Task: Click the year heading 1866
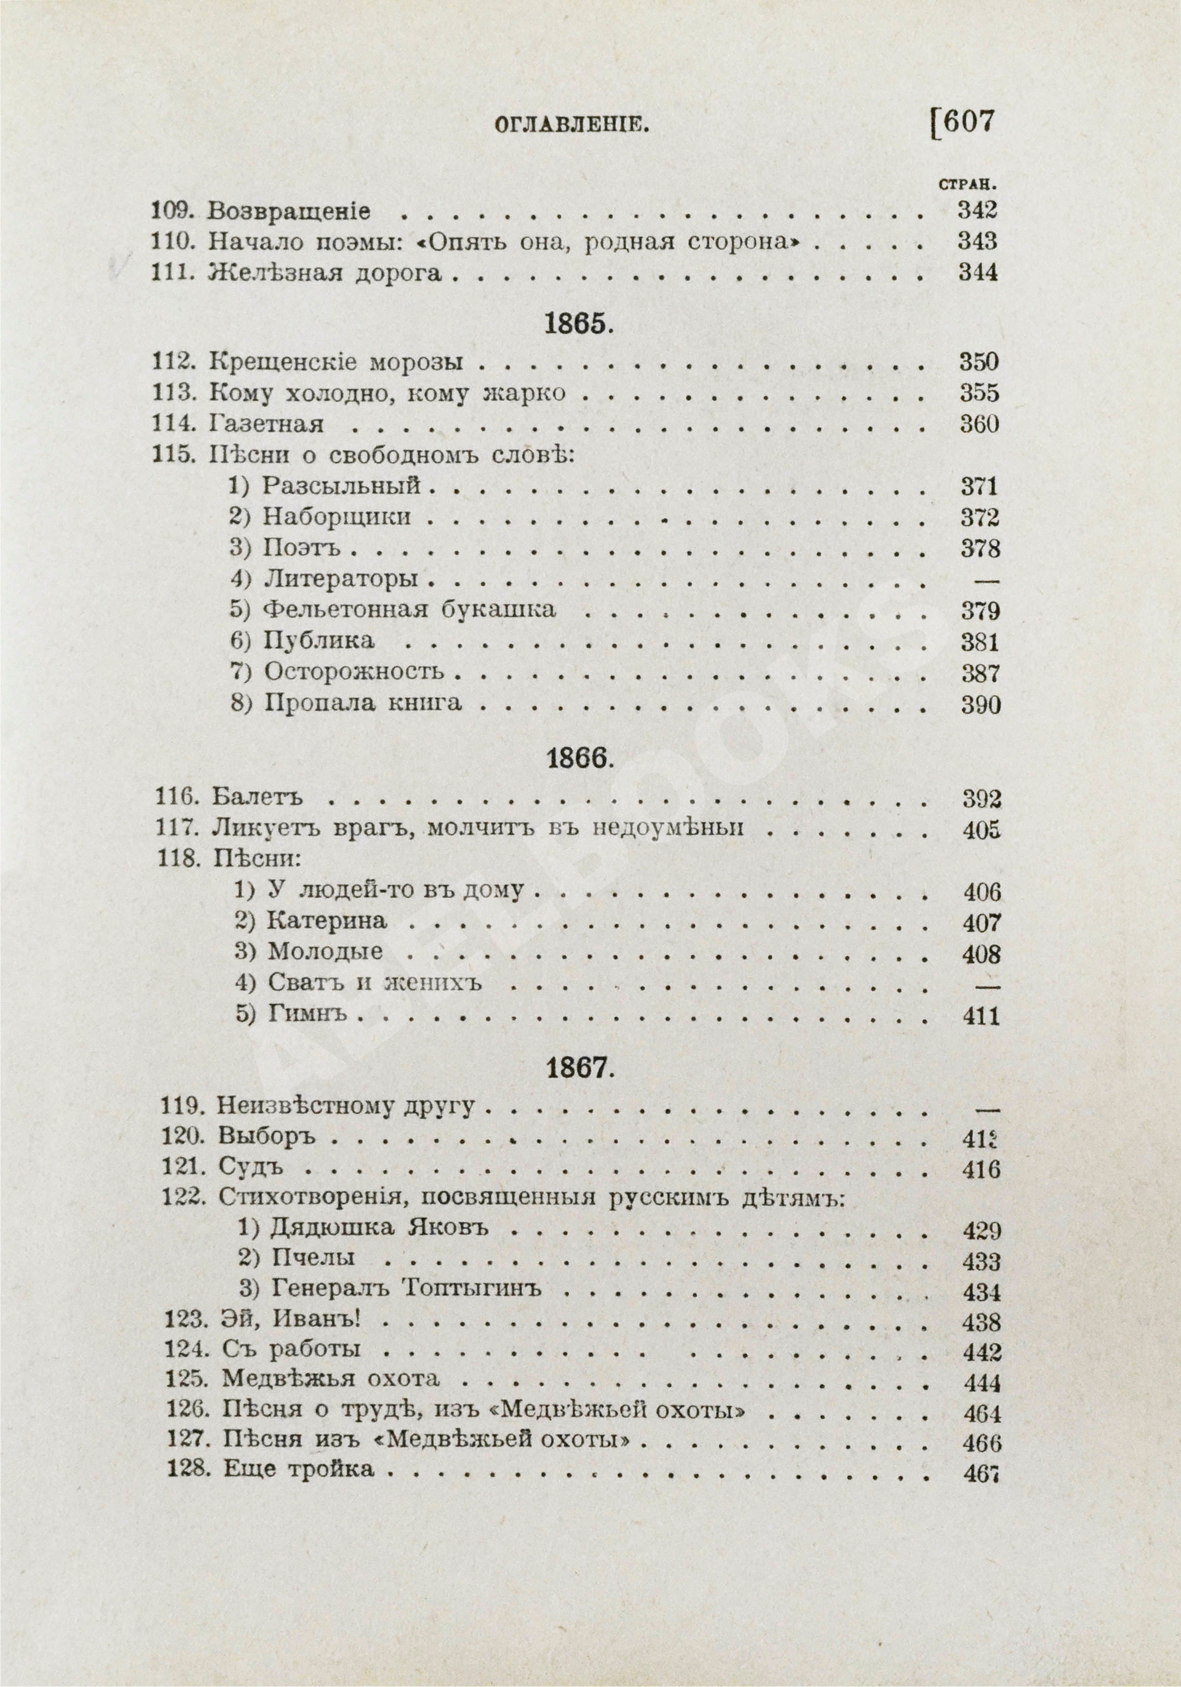tap(579, 759)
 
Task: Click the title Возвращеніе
tap(289, 212)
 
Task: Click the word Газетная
tap(267, 425)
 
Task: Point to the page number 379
tap(980, 611)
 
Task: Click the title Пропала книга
tap(363, 703)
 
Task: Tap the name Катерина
tap(326, 921)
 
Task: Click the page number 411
tap(981, 1017)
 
